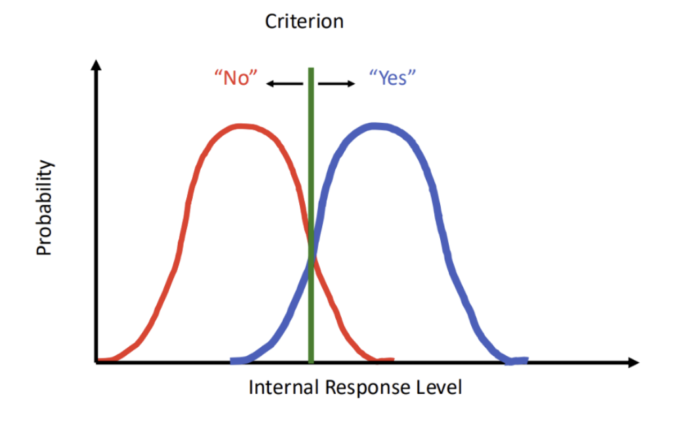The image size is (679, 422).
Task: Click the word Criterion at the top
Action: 304,21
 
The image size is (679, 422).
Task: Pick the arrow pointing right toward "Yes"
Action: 337,83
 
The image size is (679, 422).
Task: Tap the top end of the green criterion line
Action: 311,70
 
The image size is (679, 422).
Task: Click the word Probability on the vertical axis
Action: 44,208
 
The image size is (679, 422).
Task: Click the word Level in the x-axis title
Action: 442,387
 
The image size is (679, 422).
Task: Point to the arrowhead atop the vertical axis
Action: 96,64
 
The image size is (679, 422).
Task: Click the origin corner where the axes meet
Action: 96,362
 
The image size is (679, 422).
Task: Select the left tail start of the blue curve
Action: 234,360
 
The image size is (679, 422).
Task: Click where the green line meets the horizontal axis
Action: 311,362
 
